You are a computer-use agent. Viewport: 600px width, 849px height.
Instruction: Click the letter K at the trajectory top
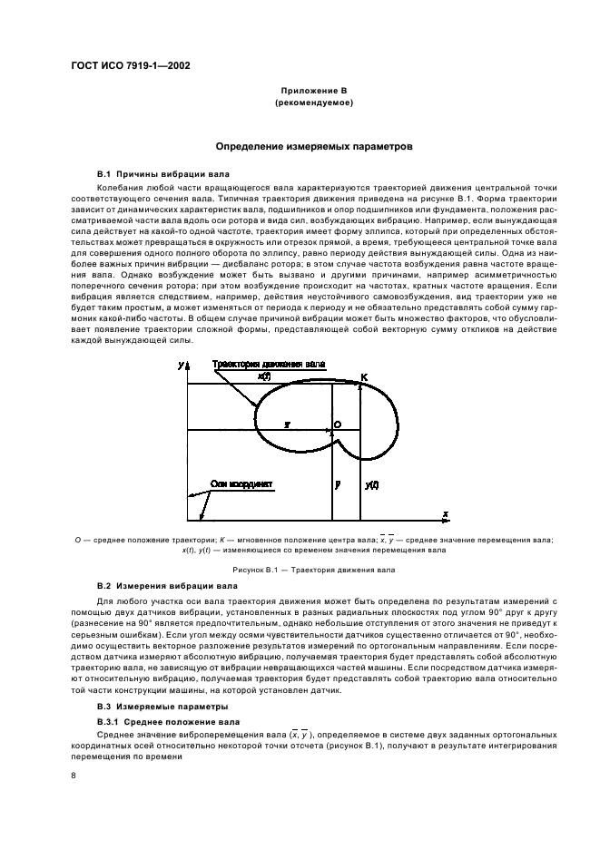[364, 376]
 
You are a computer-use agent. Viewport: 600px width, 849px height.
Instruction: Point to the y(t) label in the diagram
[371, 485]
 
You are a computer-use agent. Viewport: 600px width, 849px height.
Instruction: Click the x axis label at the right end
[446, 514]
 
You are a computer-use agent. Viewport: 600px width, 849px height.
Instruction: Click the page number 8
[74, 775]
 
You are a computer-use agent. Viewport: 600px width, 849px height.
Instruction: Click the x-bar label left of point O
[287, 424]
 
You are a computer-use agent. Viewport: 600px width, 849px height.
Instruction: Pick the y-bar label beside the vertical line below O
[337, 485]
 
